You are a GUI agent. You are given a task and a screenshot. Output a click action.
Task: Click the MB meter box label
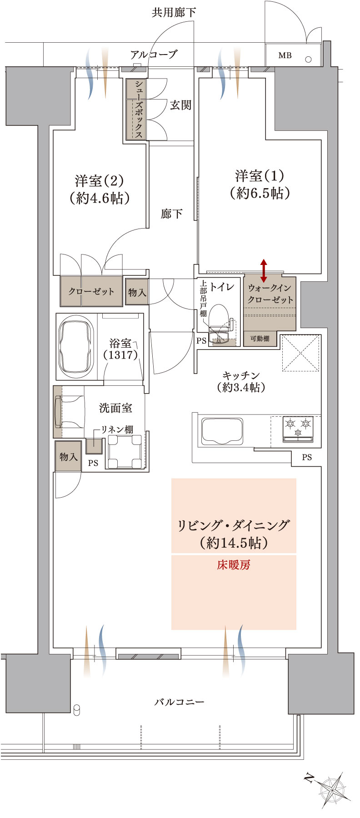click(285, 55)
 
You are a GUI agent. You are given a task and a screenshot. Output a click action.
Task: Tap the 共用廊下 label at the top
click(174, 12)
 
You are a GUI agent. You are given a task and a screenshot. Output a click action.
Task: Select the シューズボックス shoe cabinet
click(137, 110)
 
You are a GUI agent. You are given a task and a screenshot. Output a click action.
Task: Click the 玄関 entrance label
click(180, 105)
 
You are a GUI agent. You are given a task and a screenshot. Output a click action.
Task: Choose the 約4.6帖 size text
click(100, 198)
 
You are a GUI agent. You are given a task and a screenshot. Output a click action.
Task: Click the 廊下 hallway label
click(172, 214)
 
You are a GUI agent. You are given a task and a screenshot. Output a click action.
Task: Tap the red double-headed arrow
click(264, 271)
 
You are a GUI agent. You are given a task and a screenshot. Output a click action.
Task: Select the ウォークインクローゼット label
click(270, 294)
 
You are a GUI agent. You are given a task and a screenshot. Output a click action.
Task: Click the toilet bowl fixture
click(220, 318)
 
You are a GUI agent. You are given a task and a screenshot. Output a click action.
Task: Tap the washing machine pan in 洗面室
click(125, 451)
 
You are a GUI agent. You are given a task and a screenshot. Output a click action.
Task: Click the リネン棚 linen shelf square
click(94, 446)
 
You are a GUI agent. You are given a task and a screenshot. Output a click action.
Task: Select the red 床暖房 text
click(233, 565)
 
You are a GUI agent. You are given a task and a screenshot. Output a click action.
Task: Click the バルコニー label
click(179, 702)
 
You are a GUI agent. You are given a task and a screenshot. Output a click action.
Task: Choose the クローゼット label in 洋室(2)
click(91, 291)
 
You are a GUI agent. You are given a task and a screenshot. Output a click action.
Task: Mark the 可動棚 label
click(260, 339)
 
